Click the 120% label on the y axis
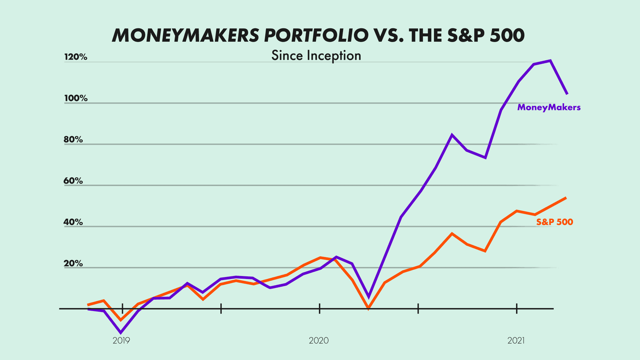(x=76, y=57)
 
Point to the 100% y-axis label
(x=76, y=98)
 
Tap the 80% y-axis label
(x=73, y=140)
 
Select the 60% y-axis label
(x=73, y=181)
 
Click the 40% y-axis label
(x=73, y=222)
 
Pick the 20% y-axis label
(x=73, y=264)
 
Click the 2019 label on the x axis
(x=121, y=340)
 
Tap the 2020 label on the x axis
(x=319, y=340)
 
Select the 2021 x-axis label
(x=516, y=340)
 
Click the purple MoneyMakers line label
(x=549, y=107)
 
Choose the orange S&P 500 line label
(x=555, y=222)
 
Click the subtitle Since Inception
(x=316, y=55)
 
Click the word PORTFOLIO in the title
(x=316, y=35)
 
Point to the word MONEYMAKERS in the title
(x=185, y=35)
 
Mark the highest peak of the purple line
(x=550, y=61)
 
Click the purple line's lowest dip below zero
(x=121, y=333)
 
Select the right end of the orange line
(x=566, y=198)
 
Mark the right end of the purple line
(x=567, y=94)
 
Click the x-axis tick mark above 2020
(x=320, y=309)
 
